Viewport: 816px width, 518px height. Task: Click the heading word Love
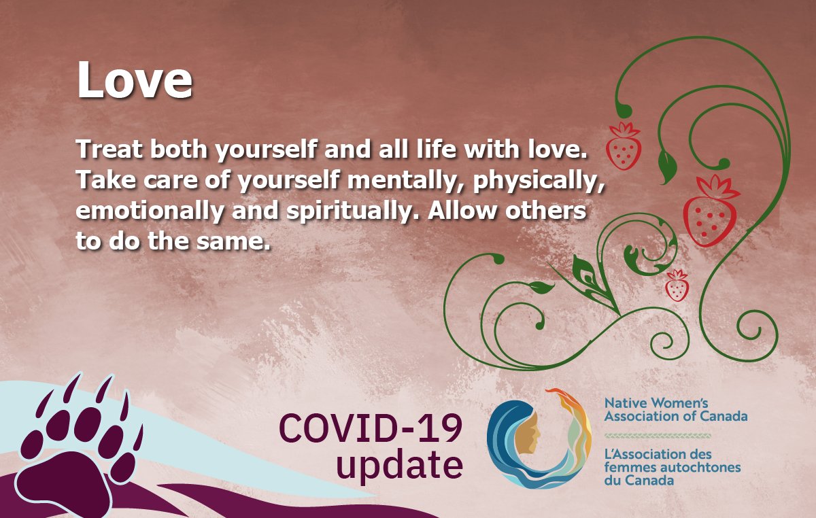point(134,81)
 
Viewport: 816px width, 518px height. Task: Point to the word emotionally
point(148,211)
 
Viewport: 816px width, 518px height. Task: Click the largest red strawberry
point(710,211)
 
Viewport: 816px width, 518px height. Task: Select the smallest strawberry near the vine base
point(677,286)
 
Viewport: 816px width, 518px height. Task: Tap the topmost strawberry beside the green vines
point(623,147)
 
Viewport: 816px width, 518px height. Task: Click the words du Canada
point(639,480)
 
